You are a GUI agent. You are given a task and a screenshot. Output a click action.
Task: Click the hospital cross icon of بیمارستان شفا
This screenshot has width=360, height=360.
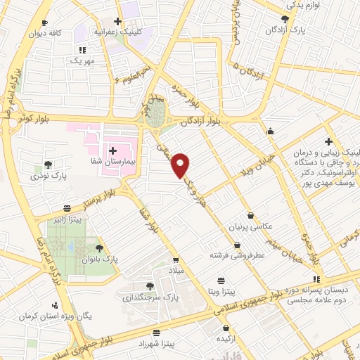pos(112,150)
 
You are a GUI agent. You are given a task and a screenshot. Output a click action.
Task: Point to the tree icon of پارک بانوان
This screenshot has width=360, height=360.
pos(99,247)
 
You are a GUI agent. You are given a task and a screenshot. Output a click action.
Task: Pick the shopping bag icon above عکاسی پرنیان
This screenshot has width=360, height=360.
pos(250,216)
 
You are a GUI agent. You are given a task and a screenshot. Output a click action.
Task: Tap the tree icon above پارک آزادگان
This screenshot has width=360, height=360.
pos(285,19)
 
